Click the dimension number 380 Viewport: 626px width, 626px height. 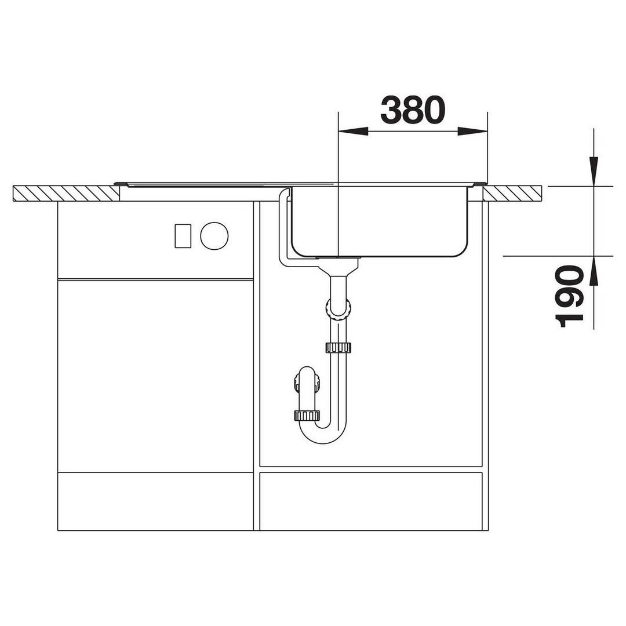pyautogui.click(x=413, y=110)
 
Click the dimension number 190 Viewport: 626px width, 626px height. pyautogui.click(x=569, y=296)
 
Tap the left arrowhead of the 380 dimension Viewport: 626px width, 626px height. pyautogui.click(x=353, y=132)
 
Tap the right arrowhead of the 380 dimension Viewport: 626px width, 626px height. pyautogui.click(x=472, y=132)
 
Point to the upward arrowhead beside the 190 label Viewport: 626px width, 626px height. pyautogui.click(x=594, y=271)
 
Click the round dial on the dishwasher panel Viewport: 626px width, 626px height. pyautogui.click(x=214, y=236)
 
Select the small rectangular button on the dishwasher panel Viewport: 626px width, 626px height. pyautogui.click(x=183, y=236)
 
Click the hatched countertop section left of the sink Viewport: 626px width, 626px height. pyautogui.click(x=66, y=193)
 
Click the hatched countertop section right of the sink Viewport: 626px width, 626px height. pyautogui.click(x=512, y=193)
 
